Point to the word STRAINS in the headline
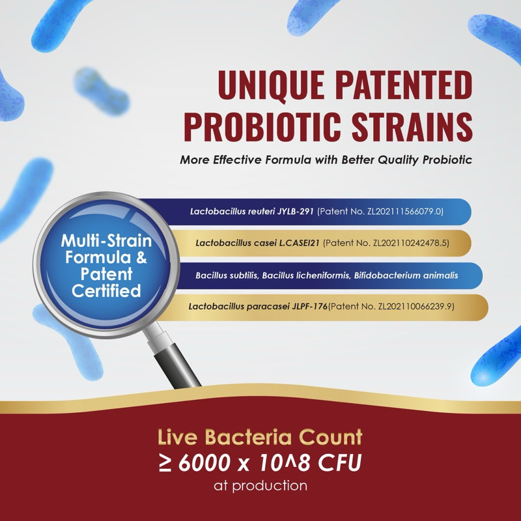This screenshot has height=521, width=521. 412,126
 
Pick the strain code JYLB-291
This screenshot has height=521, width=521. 296,211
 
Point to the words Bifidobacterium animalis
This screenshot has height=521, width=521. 406,275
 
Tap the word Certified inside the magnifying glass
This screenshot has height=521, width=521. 106,290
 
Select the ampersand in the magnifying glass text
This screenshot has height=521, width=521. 141,257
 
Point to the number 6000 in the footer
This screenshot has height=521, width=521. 204,462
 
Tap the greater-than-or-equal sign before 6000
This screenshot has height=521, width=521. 165,463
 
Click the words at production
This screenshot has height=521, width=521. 260,486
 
